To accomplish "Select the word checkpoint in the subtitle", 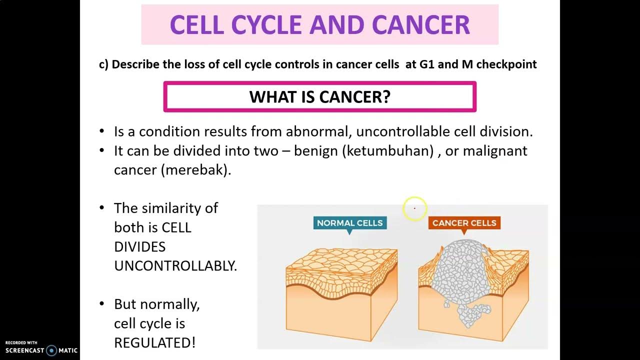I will click(506, 64).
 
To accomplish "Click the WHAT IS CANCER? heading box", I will click(319, 97).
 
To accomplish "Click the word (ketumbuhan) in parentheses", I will click(387, 151).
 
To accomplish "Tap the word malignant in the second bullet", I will click(495, 151).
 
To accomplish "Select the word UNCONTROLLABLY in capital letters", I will click(175, 266).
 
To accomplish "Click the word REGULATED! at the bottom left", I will click(154, 343).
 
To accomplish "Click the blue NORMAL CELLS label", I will click(349, 223).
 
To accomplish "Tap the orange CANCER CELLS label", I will click(464, 223).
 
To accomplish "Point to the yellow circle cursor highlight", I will click(414, 208).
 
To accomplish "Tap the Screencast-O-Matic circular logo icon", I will click(51, 350).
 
